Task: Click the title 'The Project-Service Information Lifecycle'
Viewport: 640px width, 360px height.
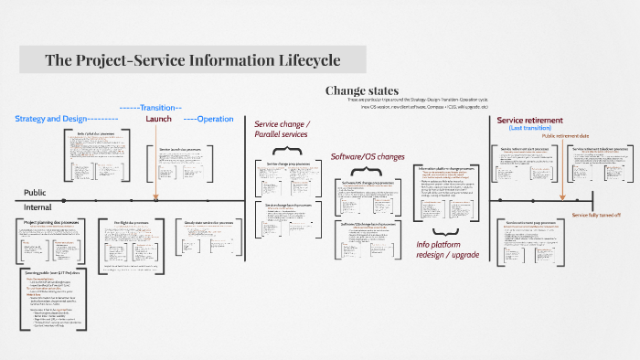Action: pyautogui.click(x=193, y=60)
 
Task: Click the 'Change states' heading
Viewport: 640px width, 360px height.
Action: pyautogui.click(x=362, y=90)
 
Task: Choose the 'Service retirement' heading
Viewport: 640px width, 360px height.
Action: pyautogui.click(x=529, y=120)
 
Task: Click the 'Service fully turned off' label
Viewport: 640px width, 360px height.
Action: pyautogui.click(x=595, y=215)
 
